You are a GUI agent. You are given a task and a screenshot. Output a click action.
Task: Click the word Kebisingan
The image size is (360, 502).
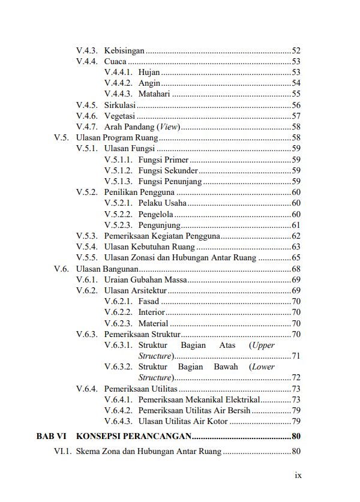coord(124,50)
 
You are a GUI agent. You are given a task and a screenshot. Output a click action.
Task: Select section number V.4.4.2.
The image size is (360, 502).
coord(118,83)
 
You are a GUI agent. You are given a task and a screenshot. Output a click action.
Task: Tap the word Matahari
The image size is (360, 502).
coord(154,94)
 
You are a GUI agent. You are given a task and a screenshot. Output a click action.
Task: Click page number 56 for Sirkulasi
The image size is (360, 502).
coord(296,105)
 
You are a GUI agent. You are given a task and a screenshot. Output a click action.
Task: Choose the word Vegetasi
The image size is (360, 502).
coord(119,116)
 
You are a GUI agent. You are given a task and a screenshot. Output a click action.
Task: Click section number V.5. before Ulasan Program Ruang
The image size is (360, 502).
coord(62,137)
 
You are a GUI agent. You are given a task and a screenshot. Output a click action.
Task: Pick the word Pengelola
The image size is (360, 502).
coord(155,214)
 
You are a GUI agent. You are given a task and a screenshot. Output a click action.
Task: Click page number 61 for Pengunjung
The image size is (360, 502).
coord(296,225)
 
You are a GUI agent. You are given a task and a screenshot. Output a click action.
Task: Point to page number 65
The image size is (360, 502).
coord(296,258)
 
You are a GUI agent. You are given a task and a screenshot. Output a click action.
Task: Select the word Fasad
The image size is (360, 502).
coord(148,301)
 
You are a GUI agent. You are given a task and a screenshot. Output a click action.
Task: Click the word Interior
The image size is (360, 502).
coord(151,312)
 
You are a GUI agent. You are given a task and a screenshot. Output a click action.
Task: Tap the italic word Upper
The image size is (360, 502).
coord(262,345)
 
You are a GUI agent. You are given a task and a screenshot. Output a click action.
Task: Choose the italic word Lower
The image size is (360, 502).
coord(262,366)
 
